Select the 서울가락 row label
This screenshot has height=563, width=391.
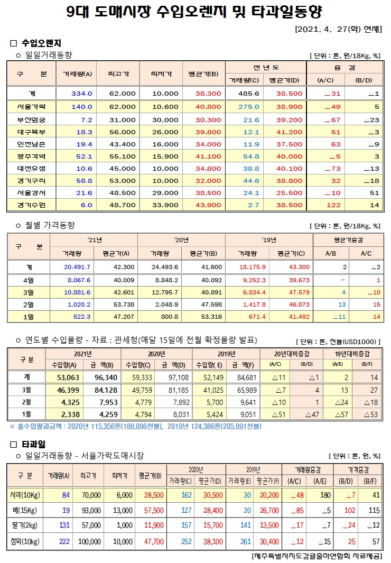[x=31, y=107]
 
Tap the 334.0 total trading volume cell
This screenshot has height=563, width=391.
[x=81, y=93]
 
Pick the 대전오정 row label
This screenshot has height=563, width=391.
[x=31, y=169]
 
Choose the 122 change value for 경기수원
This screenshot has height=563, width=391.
[x=333, y=205]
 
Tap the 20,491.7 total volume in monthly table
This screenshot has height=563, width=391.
[x=77, y=266]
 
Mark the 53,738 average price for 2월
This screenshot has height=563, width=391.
[x=124, y=305]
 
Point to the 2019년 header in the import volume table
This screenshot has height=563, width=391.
[x=226, y=353]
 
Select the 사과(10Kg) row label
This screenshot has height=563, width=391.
[x=24, y=495]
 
